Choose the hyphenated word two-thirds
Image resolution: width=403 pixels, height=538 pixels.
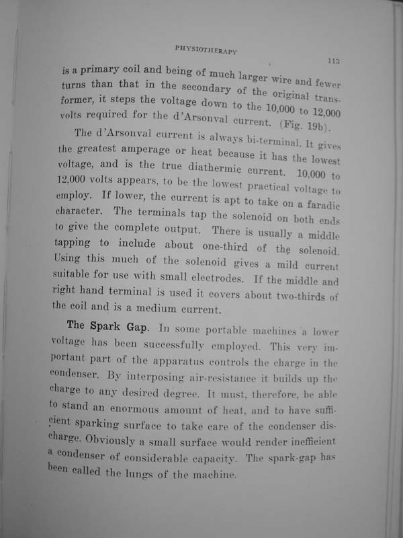[x=296, y=298]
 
